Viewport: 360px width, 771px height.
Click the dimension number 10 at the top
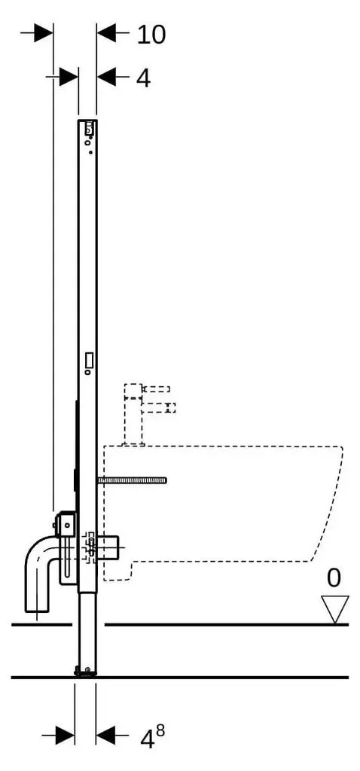(151, 35)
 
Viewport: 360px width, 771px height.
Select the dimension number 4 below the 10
(143, 78)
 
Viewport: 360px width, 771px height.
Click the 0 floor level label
(334, 578)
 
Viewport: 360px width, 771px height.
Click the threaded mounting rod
(132, 480)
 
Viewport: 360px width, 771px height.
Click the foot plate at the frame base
(84, 671)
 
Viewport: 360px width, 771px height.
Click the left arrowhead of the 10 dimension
(43, 33)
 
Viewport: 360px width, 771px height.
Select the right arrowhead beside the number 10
(107, 33)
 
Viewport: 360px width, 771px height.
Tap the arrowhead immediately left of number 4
(107, 77)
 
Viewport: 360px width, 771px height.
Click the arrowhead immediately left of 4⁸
(105, 736)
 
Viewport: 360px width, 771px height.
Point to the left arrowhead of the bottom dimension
(65, 736)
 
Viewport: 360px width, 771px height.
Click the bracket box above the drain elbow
(66, 525)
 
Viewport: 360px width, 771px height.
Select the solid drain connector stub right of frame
(109, 547)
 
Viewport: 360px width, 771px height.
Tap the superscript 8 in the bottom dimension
(160, 730)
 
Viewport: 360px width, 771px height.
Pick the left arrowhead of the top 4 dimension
(69, 77)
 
